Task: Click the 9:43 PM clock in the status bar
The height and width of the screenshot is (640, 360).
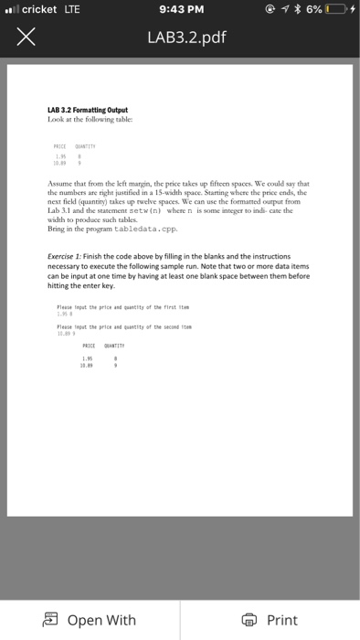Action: point(179,10)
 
